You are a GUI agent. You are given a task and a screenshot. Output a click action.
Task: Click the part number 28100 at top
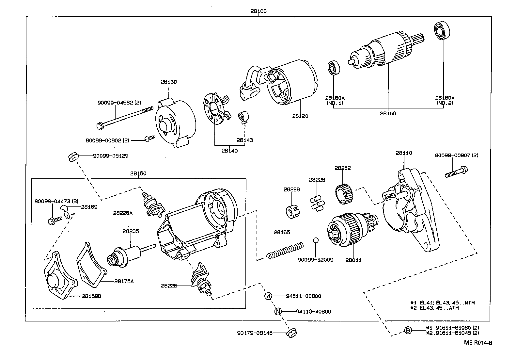pos(258,11)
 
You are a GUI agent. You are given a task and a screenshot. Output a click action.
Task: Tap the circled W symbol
pos(268,296)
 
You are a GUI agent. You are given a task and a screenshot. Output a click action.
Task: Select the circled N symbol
pos(278,311)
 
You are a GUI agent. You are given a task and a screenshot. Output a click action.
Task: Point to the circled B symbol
pos(408,331)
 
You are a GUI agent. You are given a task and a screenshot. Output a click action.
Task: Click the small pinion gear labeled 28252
pos(342,194)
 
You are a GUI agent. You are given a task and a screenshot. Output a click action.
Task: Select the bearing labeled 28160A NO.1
pos(334,68)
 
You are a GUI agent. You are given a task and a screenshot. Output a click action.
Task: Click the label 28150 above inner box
pos(138,173)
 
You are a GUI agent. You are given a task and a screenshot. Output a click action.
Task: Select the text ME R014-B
pos(478,343)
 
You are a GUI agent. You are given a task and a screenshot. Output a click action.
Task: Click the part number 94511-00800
pos(303,296)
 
